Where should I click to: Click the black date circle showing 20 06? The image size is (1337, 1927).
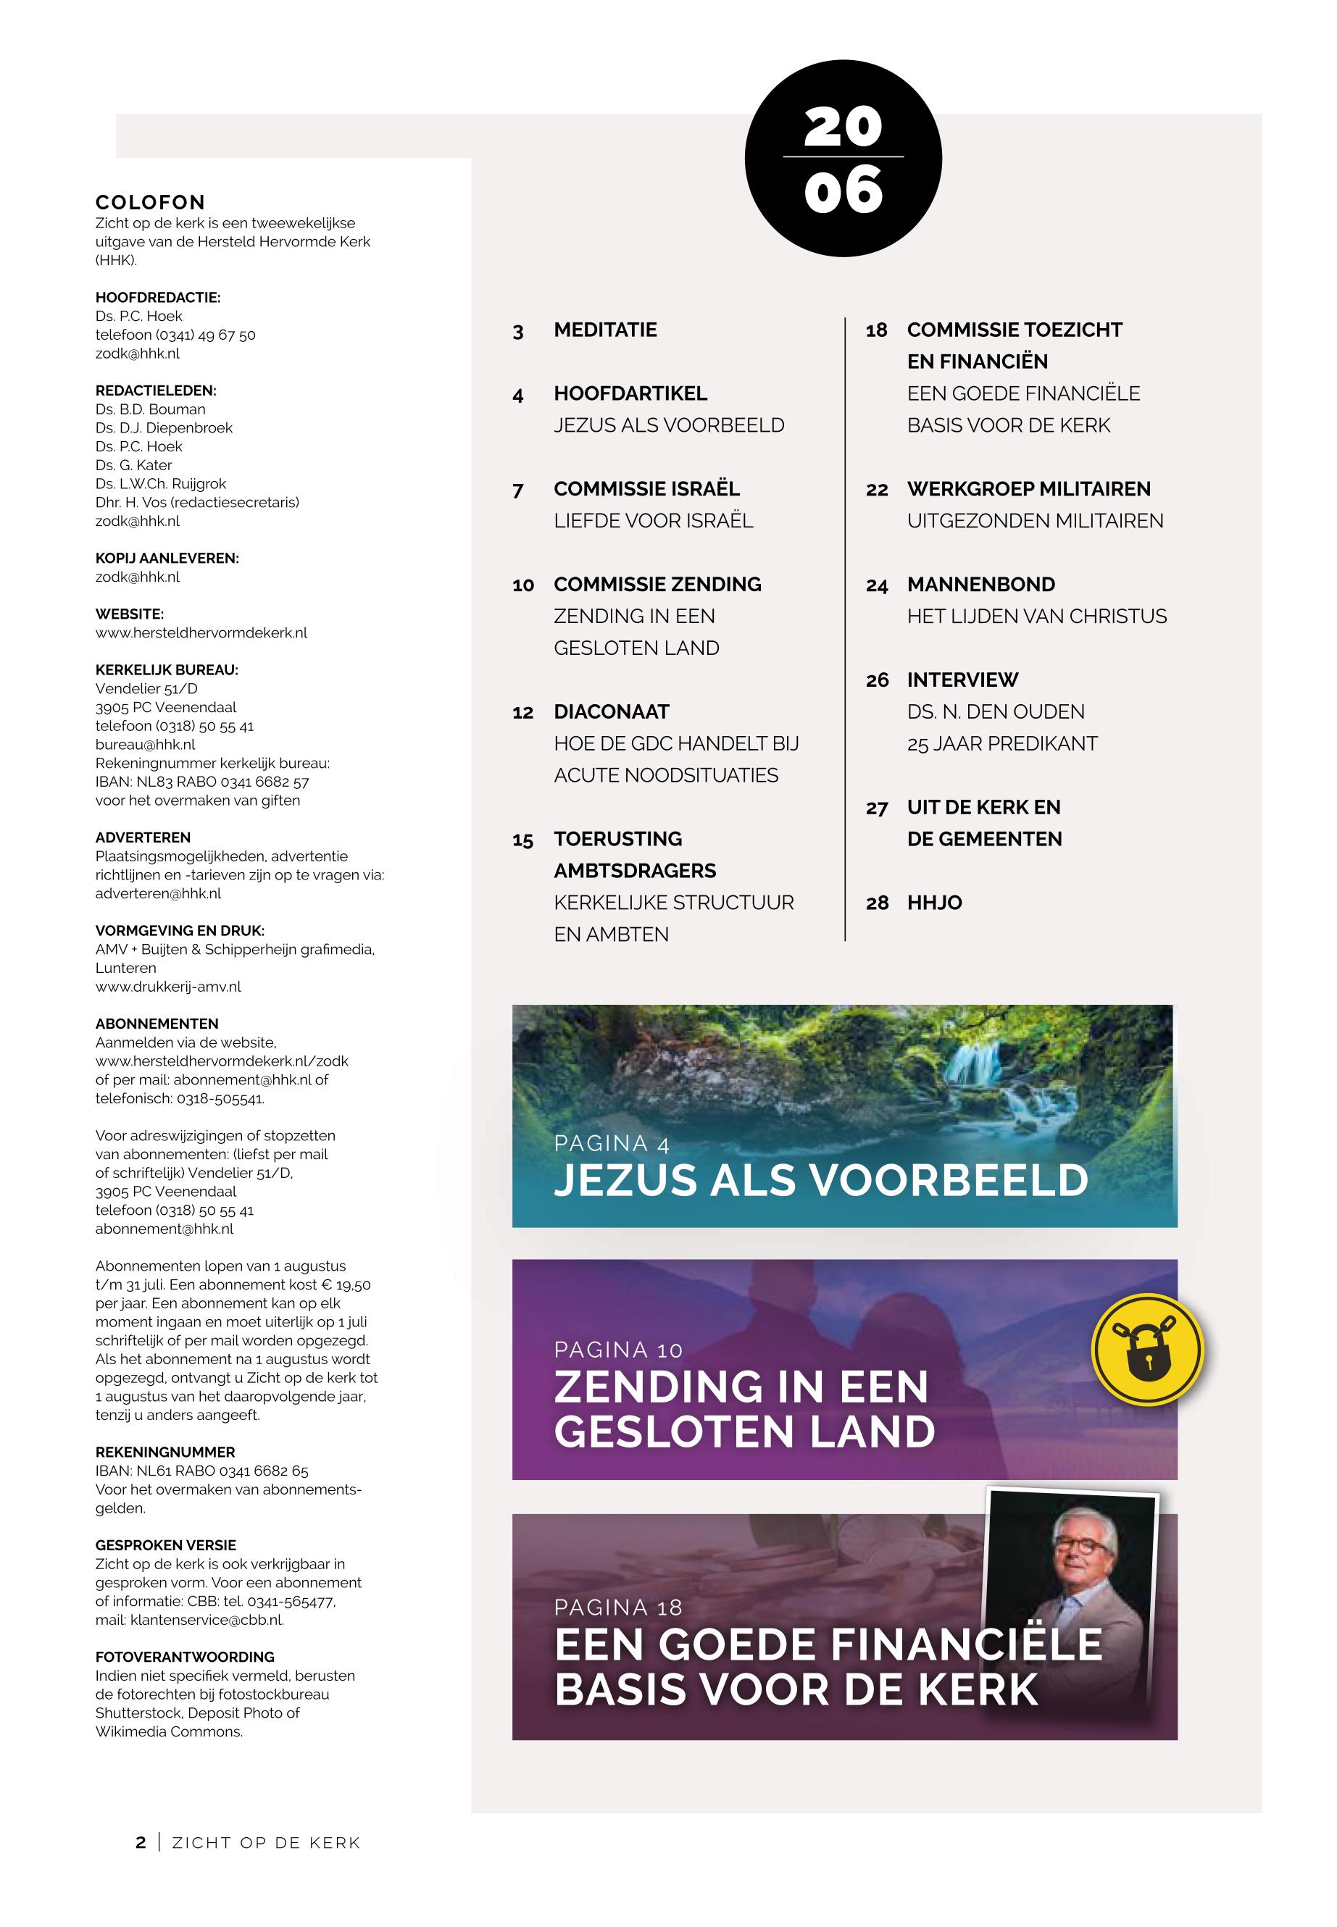(843, 158)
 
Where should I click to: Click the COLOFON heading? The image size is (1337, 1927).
(150, 203)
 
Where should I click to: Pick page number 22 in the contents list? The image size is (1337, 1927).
(876, 490)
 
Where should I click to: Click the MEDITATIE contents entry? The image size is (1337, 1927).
(605, 330)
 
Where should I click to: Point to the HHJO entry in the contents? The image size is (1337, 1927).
(934, 903)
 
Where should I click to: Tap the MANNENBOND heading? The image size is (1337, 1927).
(980, 585)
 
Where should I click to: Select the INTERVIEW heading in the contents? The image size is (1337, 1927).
(962, 680)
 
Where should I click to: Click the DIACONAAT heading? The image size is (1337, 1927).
(611, 712)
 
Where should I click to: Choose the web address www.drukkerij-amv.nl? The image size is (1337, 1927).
(167, 987)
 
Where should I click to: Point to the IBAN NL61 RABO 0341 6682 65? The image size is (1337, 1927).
(202, 1471)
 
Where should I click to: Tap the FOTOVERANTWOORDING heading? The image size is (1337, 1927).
(184, 1657)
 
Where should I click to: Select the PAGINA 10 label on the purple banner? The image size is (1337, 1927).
(617, 1350)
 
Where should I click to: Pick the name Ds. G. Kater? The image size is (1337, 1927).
(133, 465)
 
